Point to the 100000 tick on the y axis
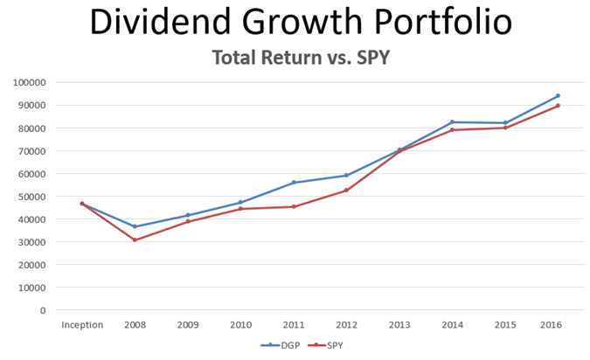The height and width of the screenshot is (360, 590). (31, 83)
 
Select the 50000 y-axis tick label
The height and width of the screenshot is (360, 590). (33, 197)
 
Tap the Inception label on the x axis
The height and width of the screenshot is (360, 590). (82, 325)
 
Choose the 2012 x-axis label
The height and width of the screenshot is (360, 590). (346, 325)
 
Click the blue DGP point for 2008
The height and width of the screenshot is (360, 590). (135, 226)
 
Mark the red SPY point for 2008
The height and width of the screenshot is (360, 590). (135, 239)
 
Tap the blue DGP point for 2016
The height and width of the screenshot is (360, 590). (558, 96)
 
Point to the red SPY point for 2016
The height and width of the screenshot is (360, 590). (558, 106)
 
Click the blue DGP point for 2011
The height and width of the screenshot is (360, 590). (294, 183)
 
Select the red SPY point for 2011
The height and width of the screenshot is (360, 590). (294, 206)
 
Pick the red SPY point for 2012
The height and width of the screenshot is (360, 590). (346, 190)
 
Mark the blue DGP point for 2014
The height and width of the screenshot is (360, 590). (452, 122)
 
